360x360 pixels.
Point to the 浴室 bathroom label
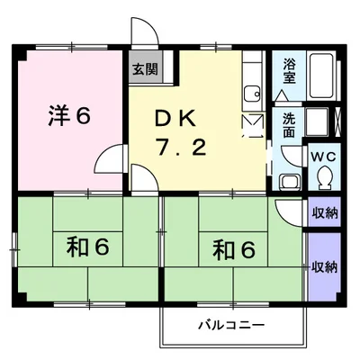[x=290, y=71]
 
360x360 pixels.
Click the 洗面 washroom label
[x=288, y=124]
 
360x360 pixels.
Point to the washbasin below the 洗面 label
[x=289, y=179]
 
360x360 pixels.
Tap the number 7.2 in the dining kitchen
[x=185, y=145]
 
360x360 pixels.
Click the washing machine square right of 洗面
[x=317, y=122]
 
